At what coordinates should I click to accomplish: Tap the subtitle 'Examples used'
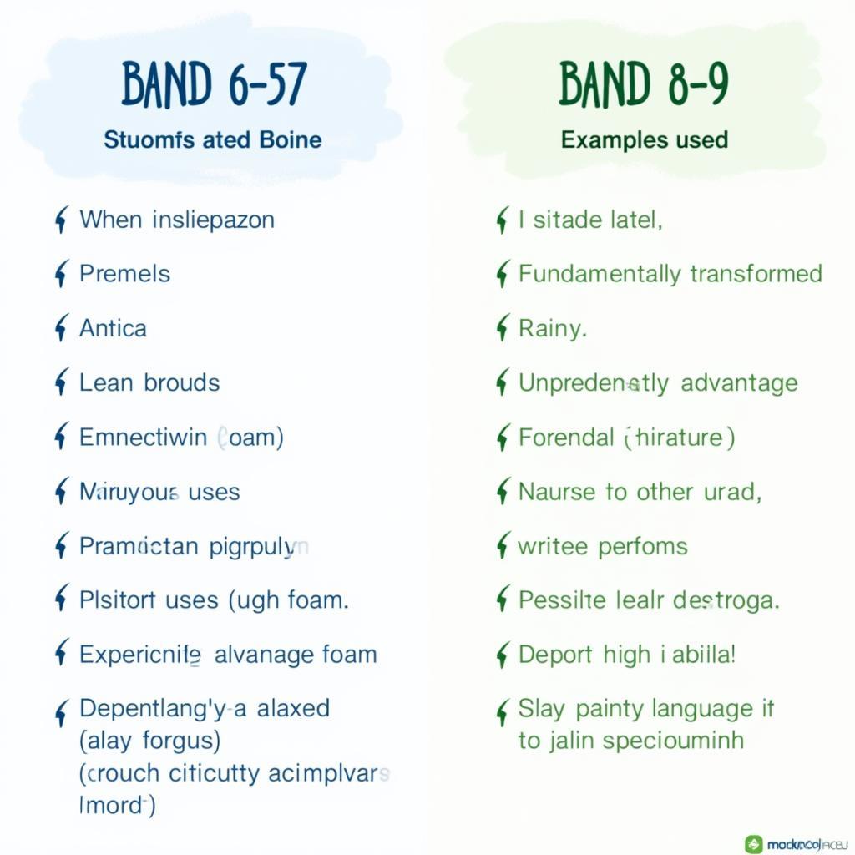[x=644, y=139]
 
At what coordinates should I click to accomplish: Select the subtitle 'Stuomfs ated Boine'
[x=212, y=139]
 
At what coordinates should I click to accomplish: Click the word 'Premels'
[x=124, y=274]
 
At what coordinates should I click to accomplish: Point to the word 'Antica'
[x=113, y=328]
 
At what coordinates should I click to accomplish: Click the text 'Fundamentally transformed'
[x=670, y=274]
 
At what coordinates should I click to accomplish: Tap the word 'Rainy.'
[x=552, y=328]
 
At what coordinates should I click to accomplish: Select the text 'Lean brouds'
[x=149, y=383]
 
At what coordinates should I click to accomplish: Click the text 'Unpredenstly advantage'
[x=658, y=383]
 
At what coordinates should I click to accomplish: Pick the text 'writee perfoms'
[x=602, y=546]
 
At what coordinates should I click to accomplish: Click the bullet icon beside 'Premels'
[x=60, y=275]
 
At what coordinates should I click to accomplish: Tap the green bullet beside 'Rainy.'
[x=502, y=329]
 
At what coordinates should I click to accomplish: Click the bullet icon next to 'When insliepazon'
[x=60, y=220]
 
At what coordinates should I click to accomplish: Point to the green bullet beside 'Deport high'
[x=502, y=655]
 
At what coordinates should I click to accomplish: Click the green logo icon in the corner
[x=754, y=844]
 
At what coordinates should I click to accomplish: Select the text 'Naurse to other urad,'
[x=640, y=492]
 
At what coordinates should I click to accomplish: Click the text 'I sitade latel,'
[x=589, y=220]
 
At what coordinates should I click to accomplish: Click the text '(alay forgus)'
[x=149, y=740]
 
